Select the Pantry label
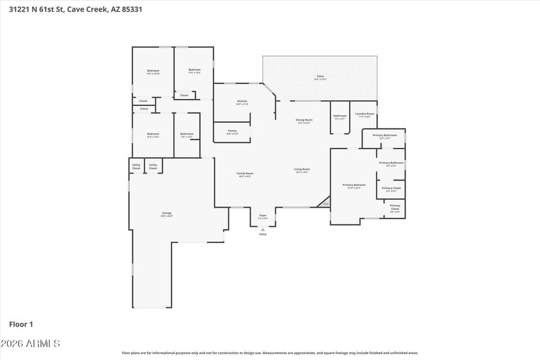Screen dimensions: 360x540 pos(232,132)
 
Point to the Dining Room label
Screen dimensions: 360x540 pos(304,121)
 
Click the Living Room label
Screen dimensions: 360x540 pos(302,170)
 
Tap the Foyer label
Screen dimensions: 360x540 pos(262,216)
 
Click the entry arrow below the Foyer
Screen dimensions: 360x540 pos(262,230)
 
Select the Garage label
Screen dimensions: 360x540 pos(166,214)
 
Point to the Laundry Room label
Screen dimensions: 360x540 pos(365,115)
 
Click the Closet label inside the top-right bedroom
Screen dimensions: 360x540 pos(184,95)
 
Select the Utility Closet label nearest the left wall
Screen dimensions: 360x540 pos(136,166)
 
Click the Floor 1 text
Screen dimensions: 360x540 pos(21,324)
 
